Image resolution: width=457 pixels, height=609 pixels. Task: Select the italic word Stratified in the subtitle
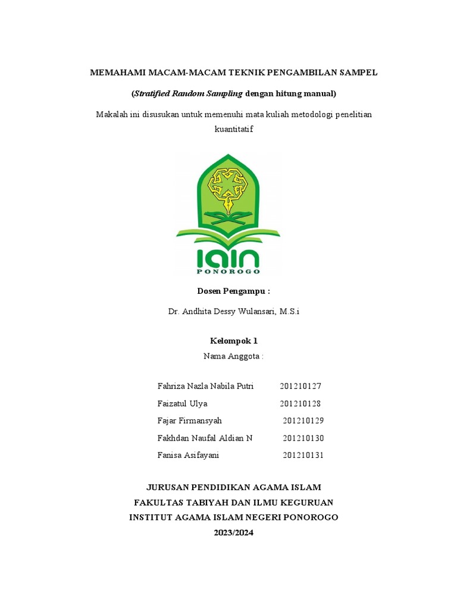click(x=152, y=93)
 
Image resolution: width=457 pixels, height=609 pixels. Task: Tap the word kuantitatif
click(x=233, y=129)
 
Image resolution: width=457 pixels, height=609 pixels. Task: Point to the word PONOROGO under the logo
click(x=228, y=271)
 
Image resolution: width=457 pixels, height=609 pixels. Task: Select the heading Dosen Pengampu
click(x=233, y=291)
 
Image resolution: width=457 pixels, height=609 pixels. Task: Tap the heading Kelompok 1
click(x=234, y=341)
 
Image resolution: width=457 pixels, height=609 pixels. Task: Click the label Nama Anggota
click(x=233, y=356)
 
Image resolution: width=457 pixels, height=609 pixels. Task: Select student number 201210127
click(x=301, y=386)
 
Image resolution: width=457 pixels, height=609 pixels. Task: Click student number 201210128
click(x=301, y=403)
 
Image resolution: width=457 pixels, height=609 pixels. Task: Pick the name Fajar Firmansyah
click(x=189, y=420)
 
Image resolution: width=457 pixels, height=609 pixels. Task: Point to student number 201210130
click(x=303, y=438)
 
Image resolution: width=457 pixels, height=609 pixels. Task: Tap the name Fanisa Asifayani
click(x=189, y=455)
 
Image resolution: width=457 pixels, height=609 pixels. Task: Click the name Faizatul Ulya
click(x=183, y=403)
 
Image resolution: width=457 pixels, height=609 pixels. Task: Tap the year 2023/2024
click(x=234, y=532)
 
